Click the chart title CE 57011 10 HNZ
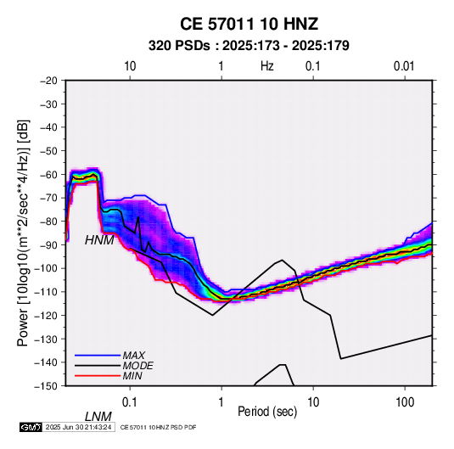coord(249,24)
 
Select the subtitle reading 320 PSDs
coord(179,46)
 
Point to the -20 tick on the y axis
coord(48,81)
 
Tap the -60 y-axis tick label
coord(48,174)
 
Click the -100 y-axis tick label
coord(47,268)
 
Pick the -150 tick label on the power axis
coord(47,386)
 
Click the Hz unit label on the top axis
coord(267,66)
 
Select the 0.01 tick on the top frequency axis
coord(404,66)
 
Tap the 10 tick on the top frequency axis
coord(130,66)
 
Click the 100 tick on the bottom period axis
coord(405,402)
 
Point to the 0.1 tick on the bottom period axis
coord(130,402)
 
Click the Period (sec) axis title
coord(267,412)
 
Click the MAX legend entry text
coord(134,355)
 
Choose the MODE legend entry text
coord(137,366)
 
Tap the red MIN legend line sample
coord(98,376)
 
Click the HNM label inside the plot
coord(99,240)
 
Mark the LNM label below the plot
coord(98,417)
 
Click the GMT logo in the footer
coord(31,427)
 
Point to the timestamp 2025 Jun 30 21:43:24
coord(78,427)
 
